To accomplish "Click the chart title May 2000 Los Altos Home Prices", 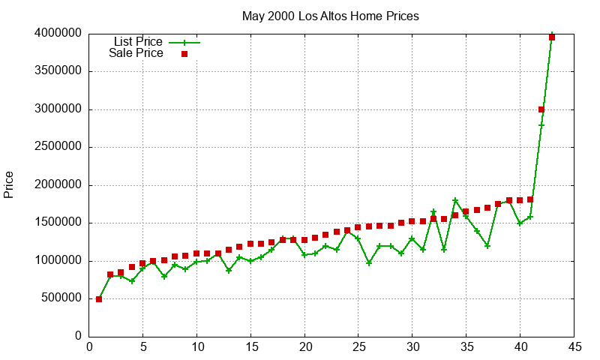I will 330,16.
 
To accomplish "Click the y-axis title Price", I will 9,184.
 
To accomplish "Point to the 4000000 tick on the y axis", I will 58,34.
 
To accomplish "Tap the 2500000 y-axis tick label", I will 58,147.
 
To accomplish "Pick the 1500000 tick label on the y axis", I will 58,223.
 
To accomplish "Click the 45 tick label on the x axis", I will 574,346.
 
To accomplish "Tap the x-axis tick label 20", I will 304,346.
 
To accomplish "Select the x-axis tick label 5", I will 143,346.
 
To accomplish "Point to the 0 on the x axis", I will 89,346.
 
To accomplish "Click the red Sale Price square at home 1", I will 99,299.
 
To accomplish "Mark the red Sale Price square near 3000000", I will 541,109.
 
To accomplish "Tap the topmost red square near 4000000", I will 552,37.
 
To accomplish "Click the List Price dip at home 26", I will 369,263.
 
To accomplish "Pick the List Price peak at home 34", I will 455,200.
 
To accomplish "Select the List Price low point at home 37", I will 487,246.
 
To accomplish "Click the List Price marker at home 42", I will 541,124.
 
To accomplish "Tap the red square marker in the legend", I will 184,54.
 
